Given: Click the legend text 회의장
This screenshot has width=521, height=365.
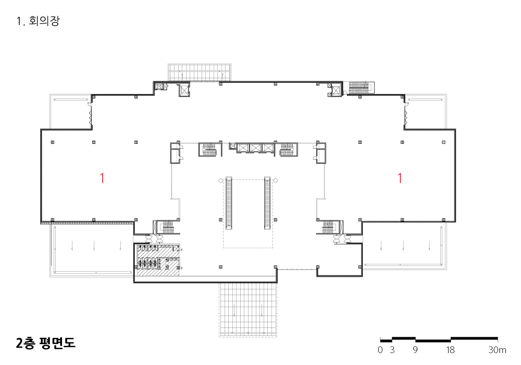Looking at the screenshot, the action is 44,21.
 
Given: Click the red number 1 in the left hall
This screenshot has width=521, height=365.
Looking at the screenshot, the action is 102,178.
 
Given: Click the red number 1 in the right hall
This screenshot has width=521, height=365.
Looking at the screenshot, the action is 400,178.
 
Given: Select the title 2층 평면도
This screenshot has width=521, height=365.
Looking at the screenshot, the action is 45,343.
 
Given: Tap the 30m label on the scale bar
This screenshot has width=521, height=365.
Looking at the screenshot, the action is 497,350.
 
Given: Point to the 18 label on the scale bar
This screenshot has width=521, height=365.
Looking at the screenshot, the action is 450,350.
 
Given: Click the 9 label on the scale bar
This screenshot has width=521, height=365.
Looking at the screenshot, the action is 415,350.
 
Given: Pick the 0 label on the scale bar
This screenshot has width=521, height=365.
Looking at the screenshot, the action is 380,350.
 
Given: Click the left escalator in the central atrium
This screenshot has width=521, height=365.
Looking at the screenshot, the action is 229,203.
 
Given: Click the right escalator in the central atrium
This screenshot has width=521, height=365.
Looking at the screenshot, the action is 267,203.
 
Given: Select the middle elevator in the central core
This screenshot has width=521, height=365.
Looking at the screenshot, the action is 256,148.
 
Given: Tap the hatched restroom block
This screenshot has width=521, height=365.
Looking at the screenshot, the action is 157,260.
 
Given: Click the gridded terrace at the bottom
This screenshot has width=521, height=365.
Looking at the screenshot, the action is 248,310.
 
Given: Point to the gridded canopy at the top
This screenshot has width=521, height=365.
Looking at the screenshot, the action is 199,72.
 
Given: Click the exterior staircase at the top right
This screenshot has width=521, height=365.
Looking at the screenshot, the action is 361,88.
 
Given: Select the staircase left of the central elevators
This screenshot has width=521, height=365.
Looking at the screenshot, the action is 208,150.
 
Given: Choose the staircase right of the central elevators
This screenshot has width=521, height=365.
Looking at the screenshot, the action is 289,150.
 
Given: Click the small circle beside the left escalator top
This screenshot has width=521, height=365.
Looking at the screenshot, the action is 220,180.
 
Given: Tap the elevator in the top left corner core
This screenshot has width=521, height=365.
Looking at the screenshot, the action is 184,90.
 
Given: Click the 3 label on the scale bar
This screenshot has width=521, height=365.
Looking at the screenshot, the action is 392,350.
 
